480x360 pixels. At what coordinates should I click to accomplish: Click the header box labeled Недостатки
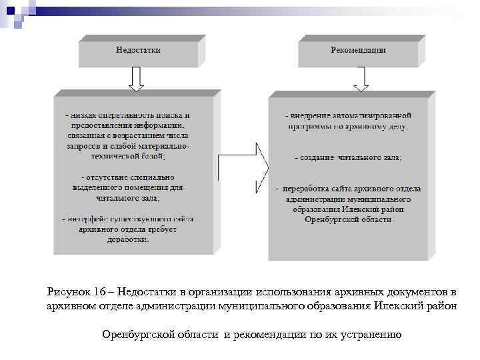point(137,50)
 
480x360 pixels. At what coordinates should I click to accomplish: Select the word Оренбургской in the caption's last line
point(139,333)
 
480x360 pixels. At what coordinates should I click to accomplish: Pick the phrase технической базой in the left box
point(131,155)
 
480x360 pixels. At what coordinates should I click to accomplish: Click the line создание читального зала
point(348,158)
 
